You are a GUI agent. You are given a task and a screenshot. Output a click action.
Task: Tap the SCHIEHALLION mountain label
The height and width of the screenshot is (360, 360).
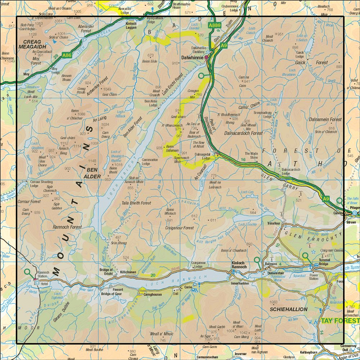288,309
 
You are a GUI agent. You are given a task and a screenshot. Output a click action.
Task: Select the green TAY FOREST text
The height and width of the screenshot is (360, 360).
340,320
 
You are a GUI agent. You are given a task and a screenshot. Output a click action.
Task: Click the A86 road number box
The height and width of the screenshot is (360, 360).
67,55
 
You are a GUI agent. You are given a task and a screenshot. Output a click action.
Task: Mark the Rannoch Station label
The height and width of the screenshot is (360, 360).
43,274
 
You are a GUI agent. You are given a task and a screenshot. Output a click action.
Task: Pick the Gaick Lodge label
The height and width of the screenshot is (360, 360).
300,54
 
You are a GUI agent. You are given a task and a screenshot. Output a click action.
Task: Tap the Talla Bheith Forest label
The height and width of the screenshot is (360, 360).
136,203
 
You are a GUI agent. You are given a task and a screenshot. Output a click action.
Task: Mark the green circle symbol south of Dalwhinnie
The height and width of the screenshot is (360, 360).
201,76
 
